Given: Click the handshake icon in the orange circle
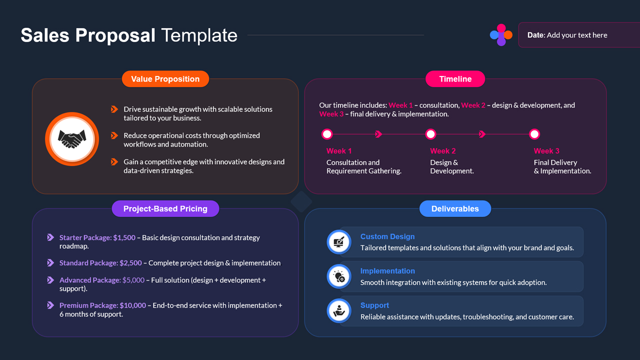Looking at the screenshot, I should click(72, 139).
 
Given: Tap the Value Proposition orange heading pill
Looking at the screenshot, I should click(165, 79).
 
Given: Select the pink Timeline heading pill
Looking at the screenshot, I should click(455, 79).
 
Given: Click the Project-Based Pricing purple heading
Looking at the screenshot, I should click(165, 209).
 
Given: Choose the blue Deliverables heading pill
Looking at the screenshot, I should click(454, 209).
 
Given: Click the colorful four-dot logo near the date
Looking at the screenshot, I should click(501, 35).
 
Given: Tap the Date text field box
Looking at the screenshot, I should click(575, 35).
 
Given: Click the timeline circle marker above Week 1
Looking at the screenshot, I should click(327, 134).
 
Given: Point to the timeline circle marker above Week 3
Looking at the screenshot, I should click(534, 134).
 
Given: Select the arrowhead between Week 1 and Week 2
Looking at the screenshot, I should click(378, 134).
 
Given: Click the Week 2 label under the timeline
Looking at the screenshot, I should click(442, 151).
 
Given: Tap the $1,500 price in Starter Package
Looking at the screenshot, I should click(124, 238).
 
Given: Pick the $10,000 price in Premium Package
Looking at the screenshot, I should click(133, 305).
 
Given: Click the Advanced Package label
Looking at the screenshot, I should click(89, 280).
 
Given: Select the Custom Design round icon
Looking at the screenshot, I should click(339, 242).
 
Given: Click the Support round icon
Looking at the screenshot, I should click(339, 311).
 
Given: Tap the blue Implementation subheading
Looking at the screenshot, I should click(387, 271).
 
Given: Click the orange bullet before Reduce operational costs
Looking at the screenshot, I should click(114, 135).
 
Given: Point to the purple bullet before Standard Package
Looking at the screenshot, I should click(50, 263).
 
